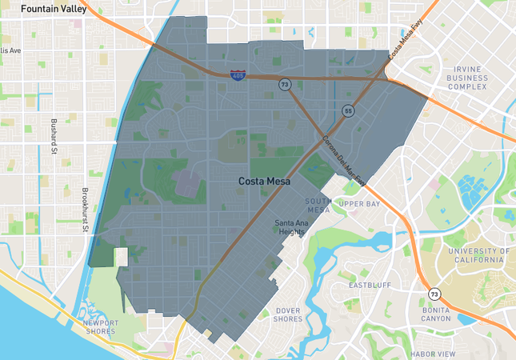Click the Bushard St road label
point(54,136)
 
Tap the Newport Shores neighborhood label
point(101,327)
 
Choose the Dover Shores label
point(289,314)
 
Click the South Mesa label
point(318,205)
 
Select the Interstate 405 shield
point(238,75)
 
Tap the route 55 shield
point(348,110)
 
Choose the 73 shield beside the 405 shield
point(284,83)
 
